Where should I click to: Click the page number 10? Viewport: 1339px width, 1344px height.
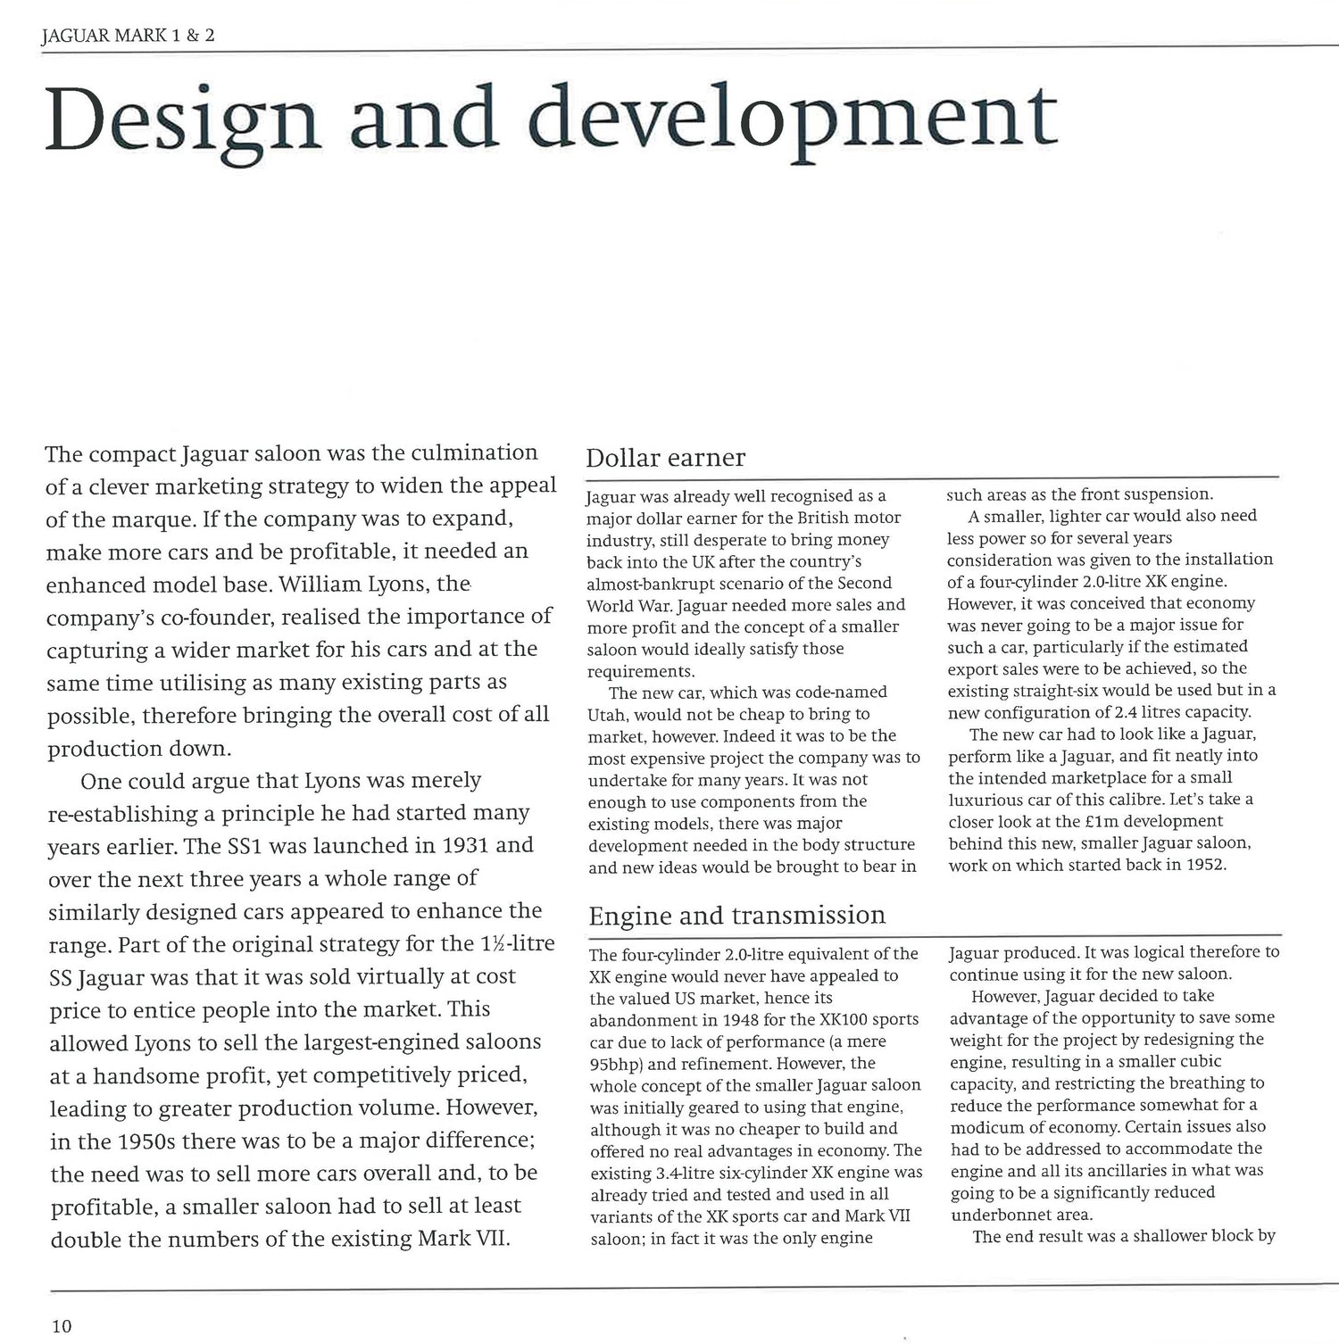[x=62, y=1326]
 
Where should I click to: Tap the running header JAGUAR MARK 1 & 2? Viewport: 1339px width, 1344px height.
[x=129, y=37]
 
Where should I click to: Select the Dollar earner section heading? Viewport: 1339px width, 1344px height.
[x=665, y=458]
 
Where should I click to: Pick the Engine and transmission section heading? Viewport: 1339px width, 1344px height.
[x=737, y=916]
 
